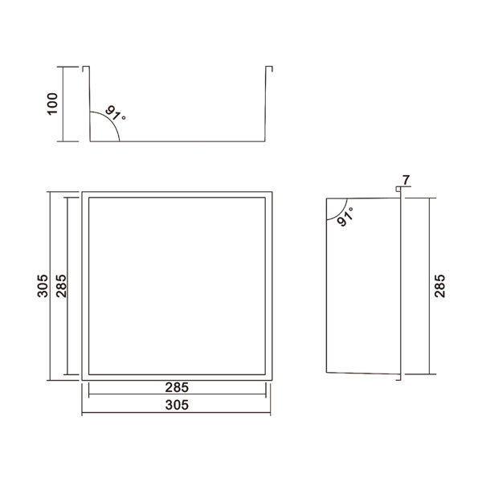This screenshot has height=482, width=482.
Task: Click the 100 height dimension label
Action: point(52,104)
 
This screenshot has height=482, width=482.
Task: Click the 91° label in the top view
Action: point(115,113)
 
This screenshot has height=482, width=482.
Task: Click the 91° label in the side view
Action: point(345,216)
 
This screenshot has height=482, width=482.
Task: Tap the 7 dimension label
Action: point(406,179)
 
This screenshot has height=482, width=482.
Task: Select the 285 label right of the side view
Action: point(439,286)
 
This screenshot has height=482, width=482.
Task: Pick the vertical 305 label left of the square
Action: point(43,286)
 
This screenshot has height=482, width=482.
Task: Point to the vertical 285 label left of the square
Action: point(61,286)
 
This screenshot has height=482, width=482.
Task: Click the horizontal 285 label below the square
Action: point(177,388)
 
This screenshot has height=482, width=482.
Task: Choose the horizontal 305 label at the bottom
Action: point(177,405)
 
